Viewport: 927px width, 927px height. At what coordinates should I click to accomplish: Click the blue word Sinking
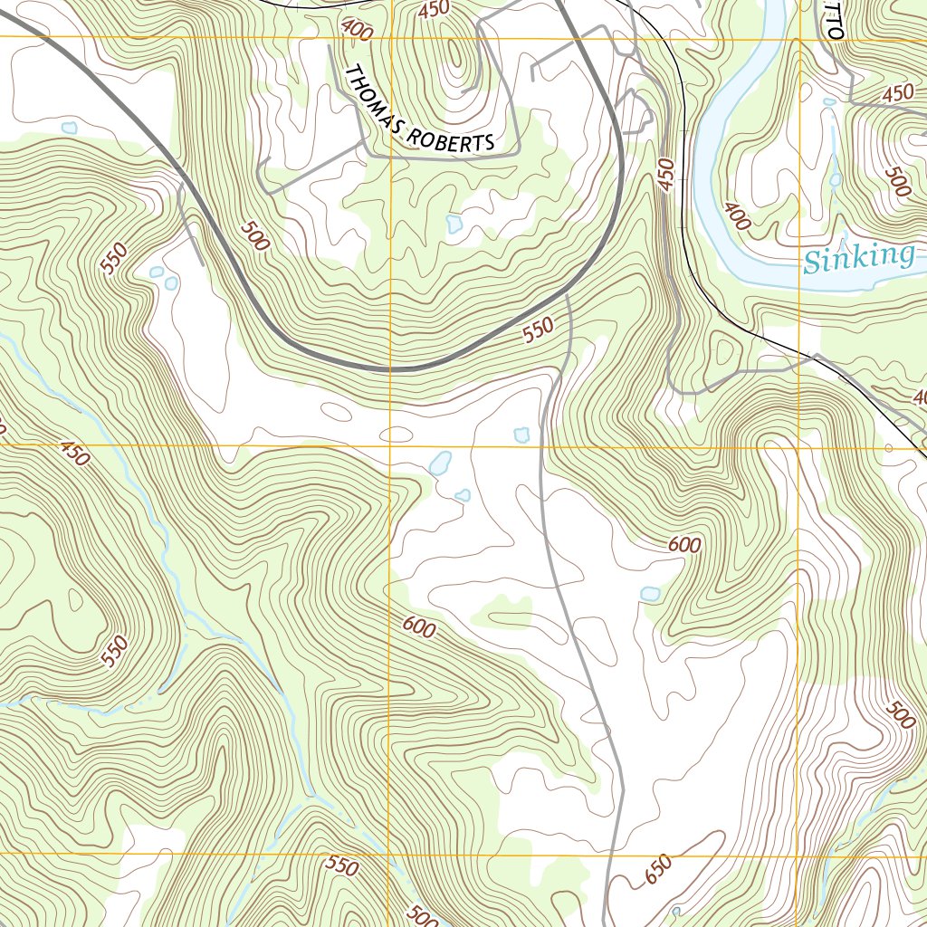[x=858, y=258]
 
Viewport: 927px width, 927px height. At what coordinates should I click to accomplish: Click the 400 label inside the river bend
[x=738, y=216]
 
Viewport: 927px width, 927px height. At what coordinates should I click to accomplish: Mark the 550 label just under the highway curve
[x=537, y=332]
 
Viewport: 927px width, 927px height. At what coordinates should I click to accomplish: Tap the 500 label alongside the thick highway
[x=256, y=237]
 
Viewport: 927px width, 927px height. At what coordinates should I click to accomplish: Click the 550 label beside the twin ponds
[x=117, y=261]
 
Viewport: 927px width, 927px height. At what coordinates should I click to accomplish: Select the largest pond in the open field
[x=441, y=463]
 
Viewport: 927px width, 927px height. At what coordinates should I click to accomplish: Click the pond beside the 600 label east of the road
[x=649, y=594]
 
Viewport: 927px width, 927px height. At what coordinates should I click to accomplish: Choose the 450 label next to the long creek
[x=75, y=453]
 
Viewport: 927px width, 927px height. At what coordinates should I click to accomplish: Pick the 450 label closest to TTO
[x=896, y=92]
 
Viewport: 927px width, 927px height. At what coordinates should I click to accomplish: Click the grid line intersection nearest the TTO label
[x=801, y=40]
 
